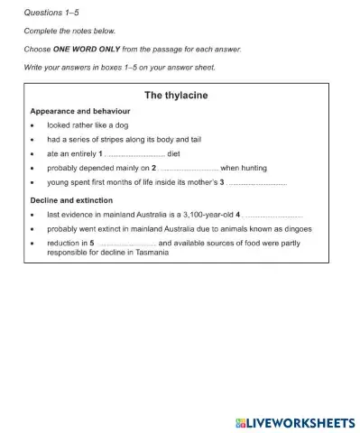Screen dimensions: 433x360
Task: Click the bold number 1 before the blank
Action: click(x=101, y=154)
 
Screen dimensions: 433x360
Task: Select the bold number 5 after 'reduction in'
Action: click(x=91, y=244)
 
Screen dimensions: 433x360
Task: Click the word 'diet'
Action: click(x=174, y=154)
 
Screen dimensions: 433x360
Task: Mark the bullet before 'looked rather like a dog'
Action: click(x=32, y=125)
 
